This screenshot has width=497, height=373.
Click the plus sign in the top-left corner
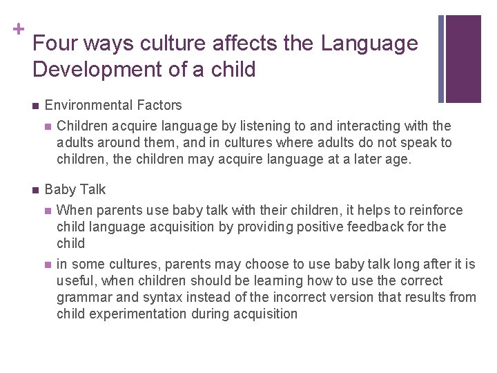coord(17,29)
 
